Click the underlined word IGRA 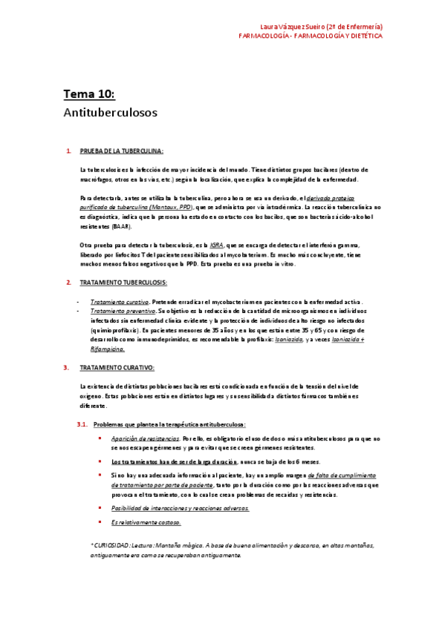click(x=217, y=245)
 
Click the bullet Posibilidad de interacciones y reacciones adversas click(x=180, y=508)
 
